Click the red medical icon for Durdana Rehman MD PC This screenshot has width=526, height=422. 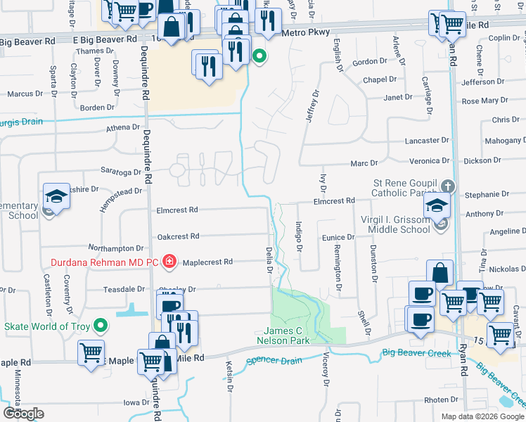pos(169,262)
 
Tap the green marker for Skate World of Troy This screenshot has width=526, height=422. pos(100,326)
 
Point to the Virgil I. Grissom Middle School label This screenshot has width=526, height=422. pos(394,224)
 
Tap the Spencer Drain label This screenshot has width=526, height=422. pos(274,361)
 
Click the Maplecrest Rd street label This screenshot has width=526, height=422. pos(207,262)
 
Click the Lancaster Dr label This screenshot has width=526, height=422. pos(427,141)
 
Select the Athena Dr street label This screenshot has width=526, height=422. pos(123,127)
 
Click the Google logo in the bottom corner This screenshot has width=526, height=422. pos(23,413)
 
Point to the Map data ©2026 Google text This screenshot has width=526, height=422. pos(482,416)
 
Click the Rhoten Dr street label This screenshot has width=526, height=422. pos(441,399)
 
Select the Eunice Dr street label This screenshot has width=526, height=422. pos(338,238)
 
